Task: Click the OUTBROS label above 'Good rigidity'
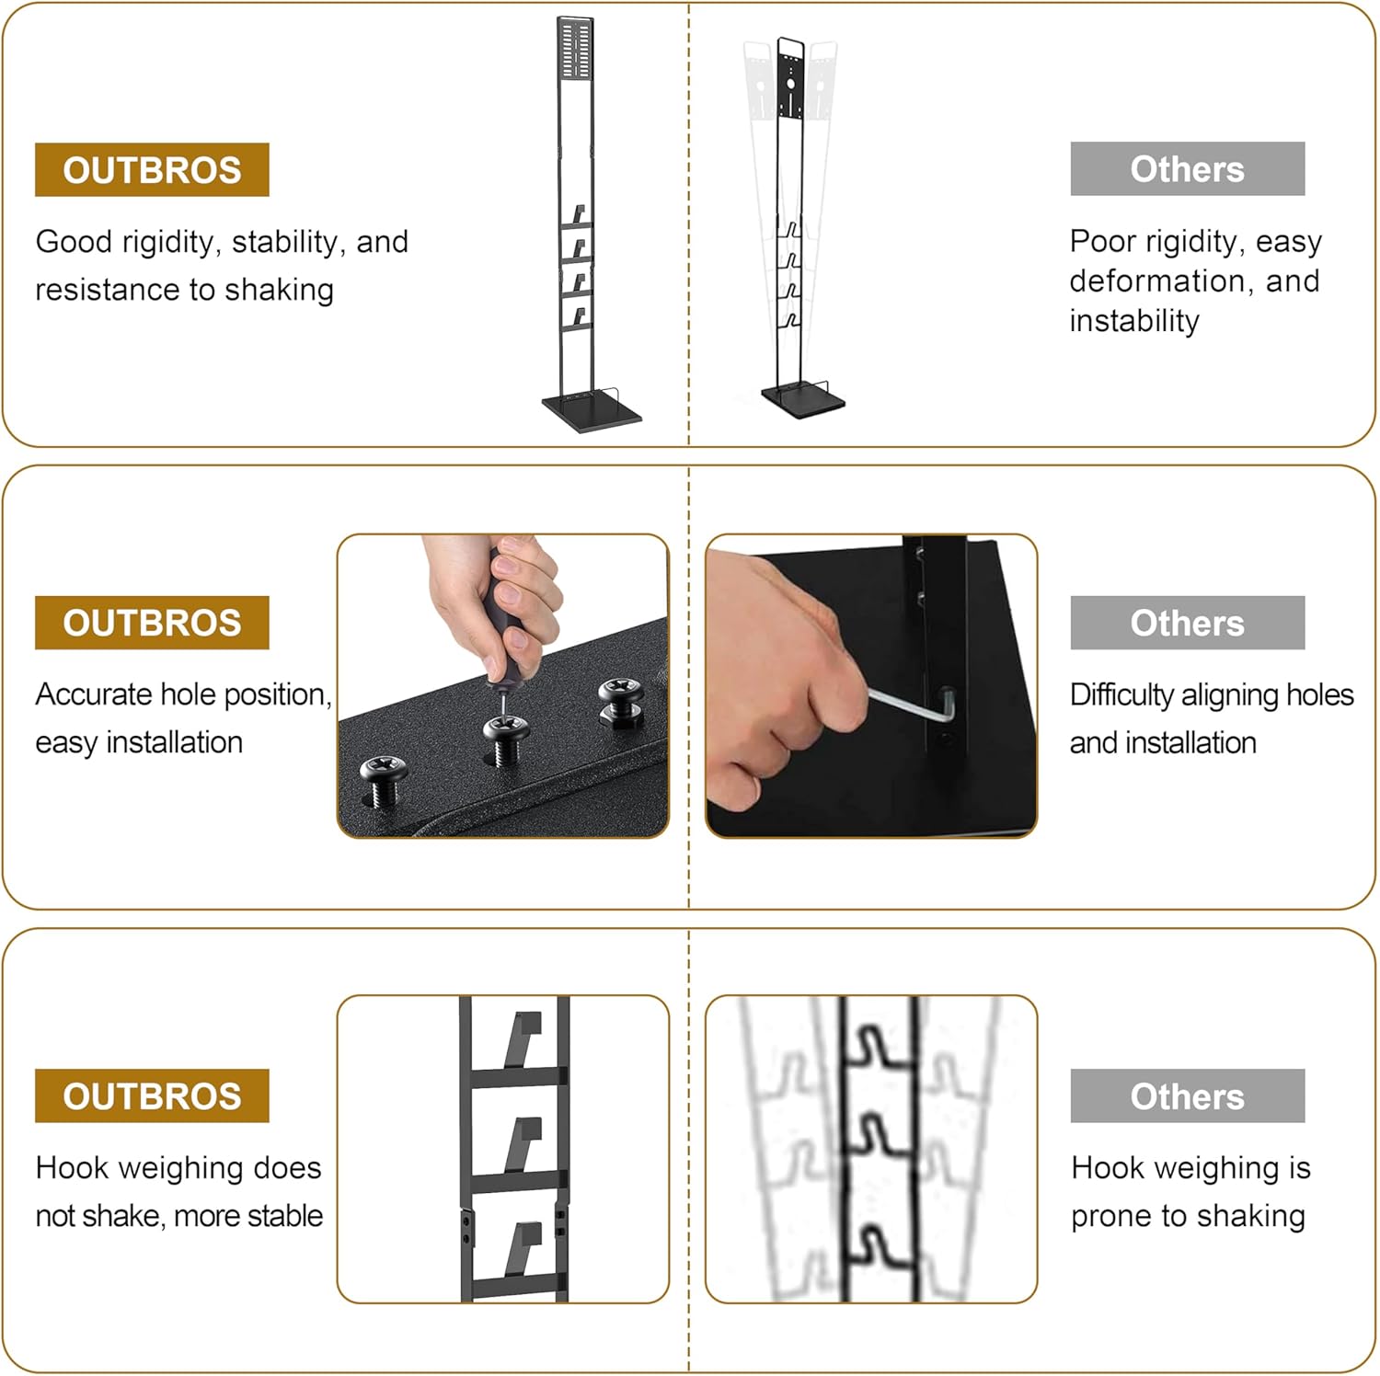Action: click(152, 170)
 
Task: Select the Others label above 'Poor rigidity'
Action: click(1187, 169)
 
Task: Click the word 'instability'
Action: click(1134, 321)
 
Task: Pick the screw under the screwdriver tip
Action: click(505, 739)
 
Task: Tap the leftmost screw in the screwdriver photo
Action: click(383, 778)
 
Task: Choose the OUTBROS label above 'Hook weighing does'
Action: click(152, 1096)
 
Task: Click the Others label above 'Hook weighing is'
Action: click(1187, 1096)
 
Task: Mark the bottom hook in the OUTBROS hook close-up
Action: click(524, 1249)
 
